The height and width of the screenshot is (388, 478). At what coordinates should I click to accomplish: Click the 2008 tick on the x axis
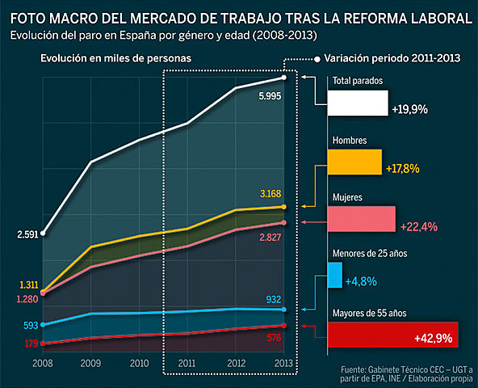(x=43, y=363)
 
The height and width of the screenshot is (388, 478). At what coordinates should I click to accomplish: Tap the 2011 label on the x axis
(x=187, y=363)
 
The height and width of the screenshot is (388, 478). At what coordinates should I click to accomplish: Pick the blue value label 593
(x=30, y=326)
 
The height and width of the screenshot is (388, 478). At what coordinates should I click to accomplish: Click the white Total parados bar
(x=358, y=103)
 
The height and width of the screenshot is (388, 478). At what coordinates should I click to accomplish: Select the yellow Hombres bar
(x=354, y=162)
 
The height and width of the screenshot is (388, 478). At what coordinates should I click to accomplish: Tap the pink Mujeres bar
(x=361, y=219)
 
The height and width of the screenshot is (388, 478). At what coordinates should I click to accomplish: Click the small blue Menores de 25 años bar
(x=334, y=276)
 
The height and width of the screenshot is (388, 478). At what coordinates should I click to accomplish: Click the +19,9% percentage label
(x=409, y=108)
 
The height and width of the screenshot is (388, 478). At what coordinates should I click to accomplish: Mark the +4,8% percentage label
(x=361, y=281)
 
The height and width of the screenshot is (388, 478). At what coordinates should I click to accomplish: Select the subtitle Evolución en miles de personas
(x=116, y=59)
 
